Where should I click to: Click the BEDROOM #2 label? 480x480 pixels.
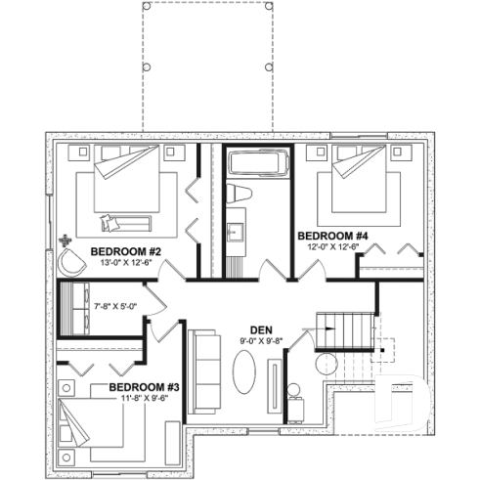point(126,251)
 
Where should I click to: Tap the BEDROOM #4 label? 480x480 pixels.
point(332,236)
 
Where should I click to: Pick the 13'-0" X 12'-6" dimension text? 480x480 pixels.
point(126,263)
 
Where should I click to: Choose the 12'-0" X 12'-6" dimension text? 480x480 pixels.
point(332,247)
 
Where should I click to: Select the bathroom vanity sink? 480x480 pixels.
point(237,233)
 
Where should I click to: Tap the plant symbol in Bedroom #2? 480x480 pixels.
point(65,239)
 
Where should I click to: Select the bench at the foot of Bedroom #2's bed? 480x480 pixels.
point(128,223)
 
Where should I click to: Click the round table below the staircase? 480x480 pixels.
point(324,363)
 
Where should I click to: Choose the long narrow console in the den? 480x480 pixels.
point(275,381)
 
